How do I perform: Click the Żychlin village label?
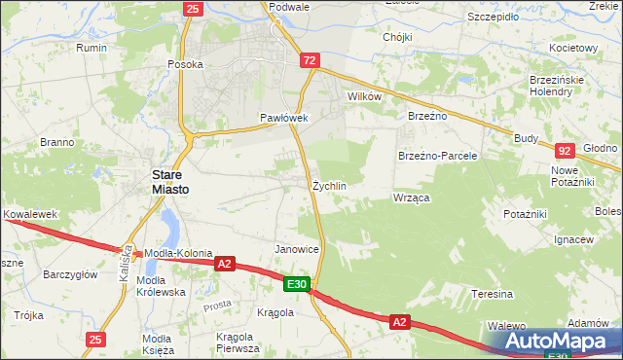pyautogui.click(x=329, y=185)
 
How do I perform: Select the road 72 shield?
pyautogui.click(x=310, y=60)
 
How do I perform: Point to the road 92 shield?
pyautogui.click(x=565, y=151)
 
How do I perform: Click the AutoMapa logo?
pyautogui.click(x=552, y=342)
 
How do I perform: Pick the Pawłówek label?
pyautogui.click(x=283, y=118)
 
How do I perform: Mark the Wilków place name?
pyautogui.click(x=364, y=97)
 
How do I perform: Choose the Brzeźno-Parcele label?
pyautogui.click(x=437, y=156)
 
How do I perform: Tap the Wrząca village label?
pyautogui.click(x=411, y=198)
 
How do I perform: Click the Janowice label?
pyautogui.click(x=297, y=249)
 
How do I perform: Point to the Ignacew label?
pyautogui.click(x=573, y=239)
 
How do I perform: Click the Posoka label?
pyautogui.click(x=184, y=64)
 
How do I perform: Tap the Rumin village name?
pyautogui.click(x=92, y=47)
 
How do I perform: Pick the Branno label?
pyautogui.click(x=57, y=142)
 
